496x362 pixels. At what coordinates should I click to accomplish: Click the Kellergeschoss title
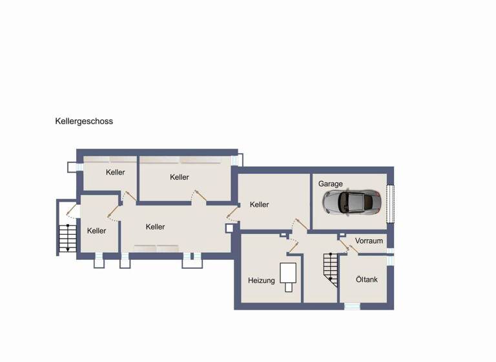point(84,121)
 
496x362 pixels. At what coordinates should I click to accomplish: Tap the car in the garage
point(352,202)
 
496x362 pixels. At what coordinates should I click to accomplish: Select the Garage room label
point(330,184)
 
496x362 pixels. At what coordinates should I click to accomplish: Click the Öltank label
point(367,280)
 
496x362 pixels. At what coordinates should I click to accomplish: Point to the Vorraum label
point(369,241)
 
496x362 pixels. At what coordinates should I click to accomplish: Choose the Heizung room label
point(262,281)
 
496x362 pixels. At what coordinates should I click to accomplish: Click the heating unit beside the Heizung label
point(288,277)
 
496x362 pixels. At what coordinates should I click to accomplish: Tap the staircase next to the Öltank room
point(330,270)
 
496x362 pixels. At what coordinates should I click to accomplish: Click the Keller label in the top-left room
point(116,173)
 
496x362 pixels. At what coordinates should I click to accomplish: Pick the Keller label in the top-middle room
point(180,177)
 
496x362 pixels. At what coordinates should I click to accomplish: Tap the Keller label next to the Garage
point(259,205)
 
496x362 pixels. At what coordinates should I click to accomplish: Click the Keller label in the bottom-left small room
point(96,231)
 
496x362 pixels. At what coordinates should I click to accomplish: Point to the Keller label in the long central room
point(155,227)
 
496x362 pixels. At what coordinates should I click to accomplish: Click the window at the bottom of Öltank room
point(352,306)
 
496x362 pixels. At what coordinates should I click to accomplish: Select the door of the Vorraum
point(349,246)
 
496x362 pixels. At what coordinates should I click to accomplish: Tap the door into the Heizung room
point(292,245)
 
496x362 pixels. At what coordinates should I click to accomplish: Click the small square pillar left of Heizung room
point(229,228)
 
